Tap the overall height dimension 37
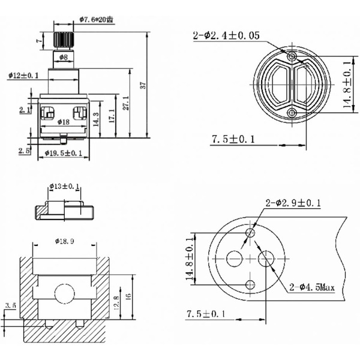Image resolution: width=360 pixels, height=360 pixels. [143, 84]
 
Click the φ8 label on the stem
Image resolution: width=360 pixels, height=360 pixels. [63, 57]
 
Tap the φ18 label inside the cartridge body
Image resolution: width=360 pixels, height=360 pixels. [62, 121]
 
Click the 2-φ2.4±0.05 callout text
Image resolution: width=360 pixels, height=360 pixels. [226, 35]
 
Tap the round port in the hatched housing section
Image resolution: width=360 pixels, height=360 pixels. [63, 293]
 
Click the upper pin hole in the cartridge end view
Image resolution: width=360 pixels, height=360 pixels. [292, 56]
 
